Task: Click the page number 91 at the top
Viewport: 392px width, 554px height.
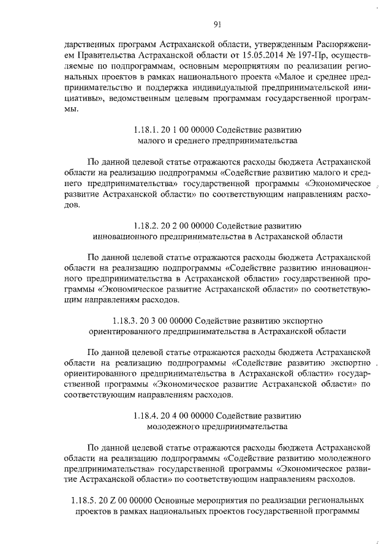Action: pyautogui.click(x=217, y=24)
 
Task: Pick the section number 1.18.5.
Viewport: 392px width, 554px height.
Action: pyautogui.click(x=76, y=499)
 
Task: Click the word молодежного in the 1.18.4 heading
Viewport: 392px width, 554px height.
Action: pyautogui.click(x=174, y=425)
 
